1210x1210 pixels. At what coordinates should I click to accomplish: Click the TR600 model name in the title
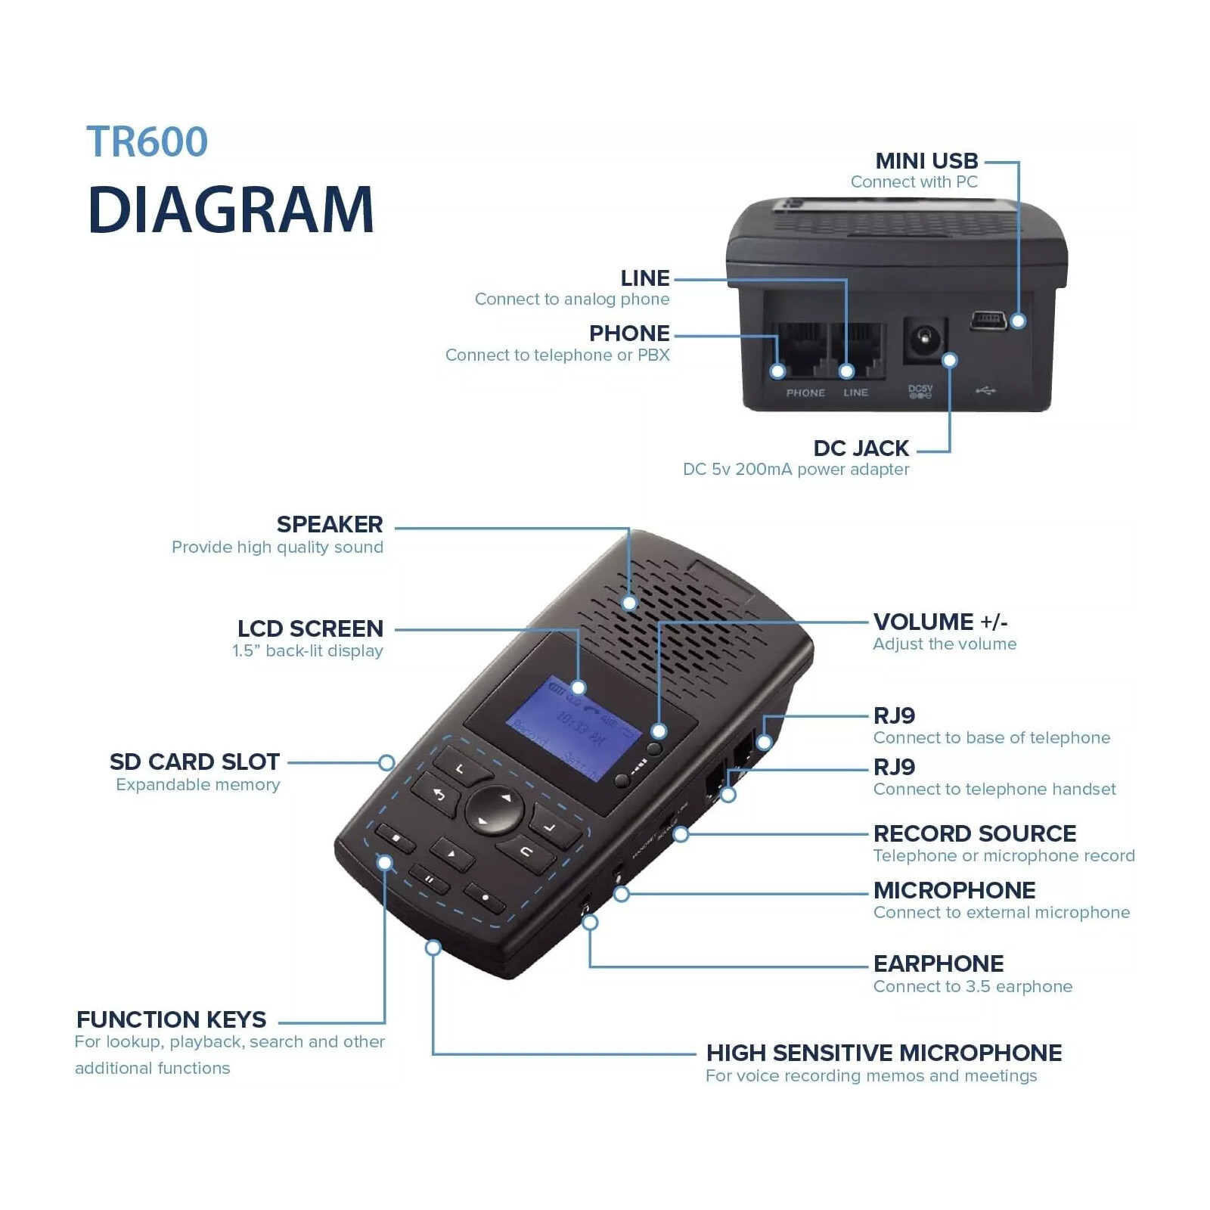click(147, 141)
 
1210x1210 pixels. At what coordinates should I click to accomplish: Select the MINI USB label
click(926, 161)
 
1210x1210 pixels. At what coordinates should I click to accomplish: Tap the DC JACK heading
click(861, 448)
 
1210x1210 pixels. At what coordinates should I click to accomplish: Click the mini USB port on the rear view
click(988, 320)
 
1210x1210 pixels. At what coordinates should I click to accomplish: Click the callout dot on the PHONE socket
click(777, 371)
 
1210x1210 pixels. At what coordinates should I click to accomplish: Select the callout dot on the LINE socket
click(846, 371)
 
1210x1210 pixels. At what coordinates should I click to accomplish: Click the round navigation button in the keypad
click(494, 809)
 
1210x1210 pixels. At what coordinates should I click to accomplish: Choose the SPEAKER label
click(330, 524)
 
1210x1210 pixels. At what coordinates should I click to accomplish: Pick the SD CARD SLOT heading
click(194, 762)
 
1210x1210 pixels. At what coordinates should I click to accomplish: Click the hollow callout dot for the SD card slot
click(386, 762)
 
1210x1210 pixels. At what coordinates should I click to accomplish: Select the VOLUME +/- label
click(940, 622)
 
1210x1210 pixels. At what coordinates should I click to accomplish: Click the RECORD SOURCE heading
click(974, 833)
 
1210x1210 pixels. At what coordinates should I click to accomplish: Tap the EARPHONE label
click(938, 963)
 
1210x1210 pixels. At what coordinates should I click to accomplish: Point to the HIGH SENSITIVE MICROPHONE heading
click(883, 1053)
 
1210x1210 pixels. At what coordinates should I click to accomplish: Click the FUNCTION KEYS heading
click(171, 1019)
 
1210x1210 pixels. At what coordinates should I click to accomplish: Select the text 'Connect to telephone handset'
click(994, 790)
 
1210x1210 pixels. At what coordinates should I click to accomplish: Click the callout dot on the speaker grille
click(629, 603)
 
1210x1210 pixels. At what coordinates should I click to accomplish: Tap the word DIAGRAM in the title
click(231, 209)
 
